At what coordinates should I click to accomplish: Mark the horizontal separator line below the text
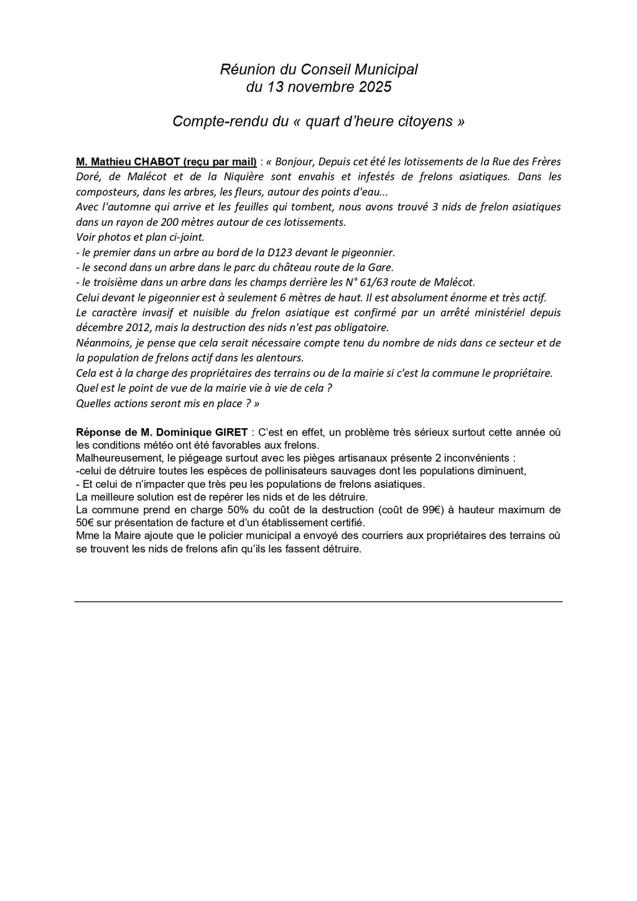click(318, 601)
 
